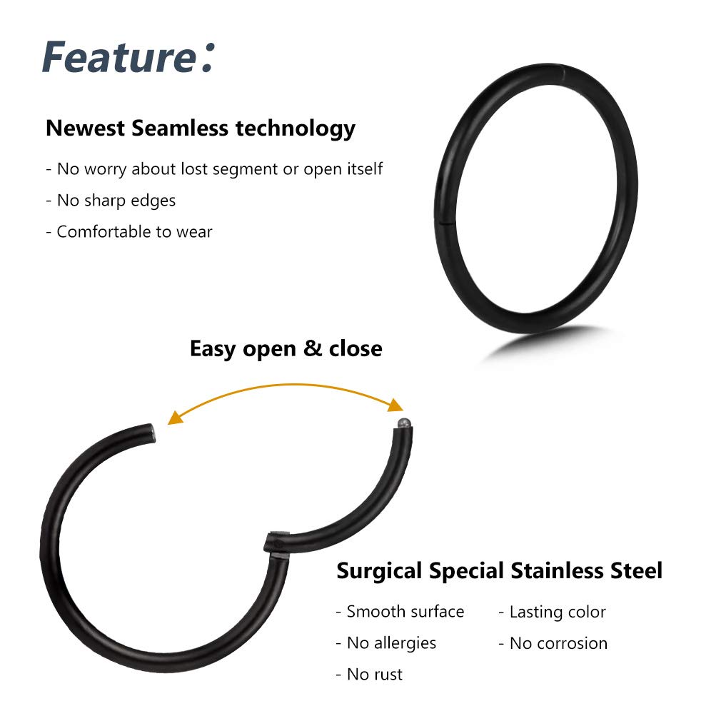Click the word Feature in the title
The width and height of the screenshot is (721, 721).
[119, 57]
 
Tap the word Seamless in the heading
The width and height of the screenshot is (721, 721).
[180, 128]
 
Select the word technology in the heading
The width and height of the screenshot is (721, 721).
[296, 129]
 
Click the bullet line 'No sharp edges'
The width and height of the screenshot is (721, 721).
[111, 201]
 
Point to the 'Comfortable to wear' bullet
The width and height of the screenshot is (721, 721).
[129, 232]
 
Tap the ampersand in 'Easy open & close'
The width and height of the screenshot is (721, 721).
[313, 348]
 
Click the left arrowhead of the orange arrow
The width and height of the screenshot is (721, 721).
[175, 418]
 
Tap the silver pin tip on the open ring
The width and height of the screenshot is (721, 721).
[404, 422]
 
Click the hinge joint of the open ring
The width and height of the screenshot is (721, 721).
[277, 542]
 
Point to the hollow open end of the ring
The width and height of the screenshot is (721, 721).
[152, 433]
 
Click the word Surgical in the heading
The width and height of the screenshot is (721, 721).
[379, 572]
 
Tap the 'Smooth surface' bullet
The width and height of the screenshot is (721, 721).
[400, 612]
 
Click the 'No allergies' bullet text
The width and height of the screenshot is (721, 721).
[386, 643]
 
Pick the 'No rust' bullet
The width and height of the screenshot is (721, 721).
[369, 675]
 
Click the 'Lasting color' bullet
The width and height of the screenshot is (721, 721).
[553, 612]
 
